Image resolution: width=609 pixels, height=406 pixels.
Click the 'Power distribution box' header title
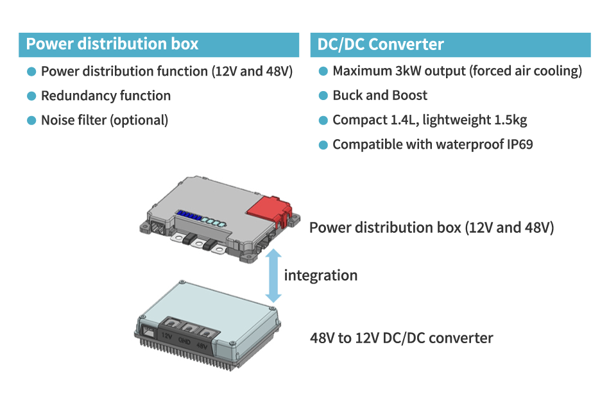click(112, 44)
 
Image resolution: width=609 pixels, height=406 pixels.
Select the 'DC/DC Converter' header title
click(381, 44)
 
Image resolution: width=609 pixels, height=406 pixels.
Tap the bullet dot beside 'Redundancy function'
click(31, 96)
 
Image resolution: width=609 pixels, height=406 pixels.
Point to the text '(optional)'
click(139, 121)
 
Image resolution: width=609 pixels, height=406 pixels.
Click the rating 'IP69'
click(520, 144)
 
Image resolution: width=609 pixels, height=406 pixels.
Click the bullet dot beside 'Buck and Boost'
click(323, 96)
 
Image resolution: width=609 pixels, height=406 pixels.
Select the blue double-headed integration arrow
click(273, 276)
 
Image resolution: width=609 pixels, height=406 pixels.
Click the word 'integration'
click(321, 275)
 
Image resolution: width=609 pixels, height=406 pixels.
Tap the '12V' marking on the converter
click(167, 336)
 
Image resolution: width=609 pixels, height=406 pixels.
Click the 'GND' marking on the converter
click(184, 341)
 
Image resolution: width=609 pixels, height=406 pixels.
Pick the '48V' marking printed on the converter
click(202, 346)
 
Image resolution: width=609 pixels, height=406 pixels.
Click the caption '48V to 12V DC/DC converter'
click(402, 338)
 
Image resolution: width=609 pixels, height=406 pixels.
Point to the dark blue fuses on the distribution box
click(189, 216)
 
